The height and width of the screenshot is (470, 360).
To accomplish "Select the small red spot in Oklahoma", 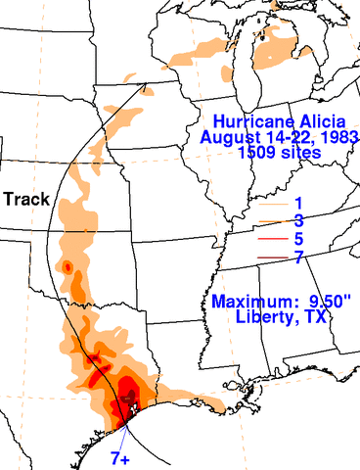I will coord(67,265).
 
